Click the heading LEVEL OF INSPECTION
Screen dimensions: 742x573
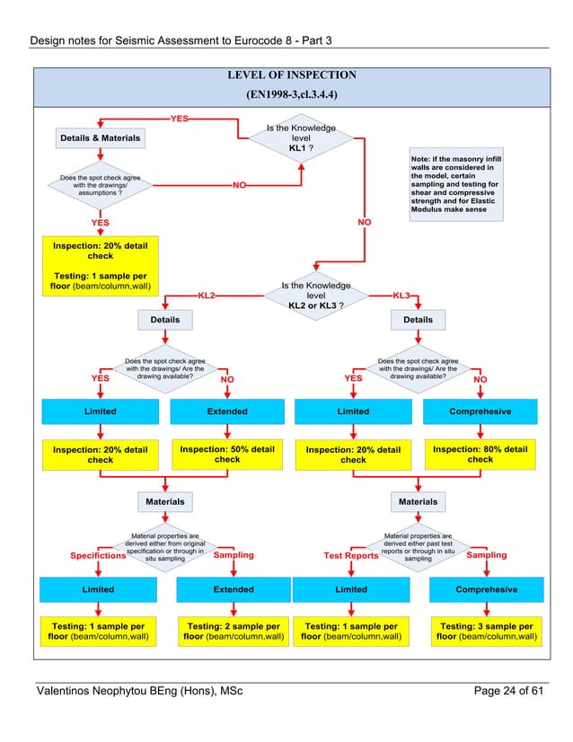(291, 75)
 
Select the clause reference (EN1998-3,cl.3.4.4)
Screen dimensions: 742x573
(291, 93)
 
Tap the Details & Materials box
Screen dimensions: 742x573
(99, 138)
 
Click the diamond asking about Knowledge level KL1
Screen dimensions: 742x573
(302, 138)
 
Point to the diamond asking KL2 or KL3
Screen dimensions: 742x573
(316, 296)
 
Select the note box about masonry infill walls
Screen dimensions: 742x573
(454, 185)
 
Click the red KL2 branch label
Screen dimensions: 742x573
(207, 295)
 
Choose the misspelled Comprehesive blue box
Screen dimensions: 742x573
(480, 411)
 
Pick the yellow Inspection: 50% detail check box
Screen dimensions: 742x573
(227, 454)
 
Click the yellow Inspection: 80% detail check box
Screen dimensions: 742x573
(480, 454)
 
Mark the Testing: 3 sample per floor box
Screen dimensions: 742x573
(486, 632)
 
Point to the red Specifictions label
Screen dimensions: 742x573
(98, 556)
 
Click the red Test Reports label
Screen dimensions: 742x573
(351, 556)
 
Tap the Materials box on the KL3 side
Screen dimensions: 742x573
(418, 501)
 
